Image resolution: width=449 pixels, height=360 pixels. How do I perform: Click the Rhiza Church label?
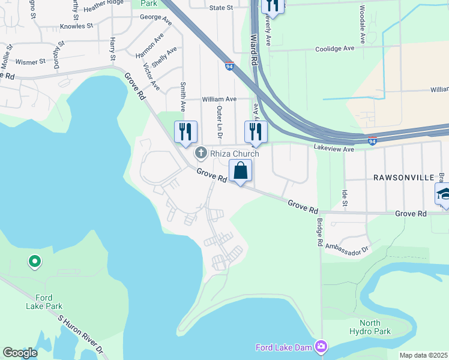point(234,154)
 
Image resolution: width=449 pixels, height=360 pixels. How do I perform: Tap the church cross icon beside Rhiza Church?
point(201,154)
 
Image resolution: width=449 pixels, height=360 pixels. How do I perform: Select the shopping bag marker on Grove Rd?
point(240,171)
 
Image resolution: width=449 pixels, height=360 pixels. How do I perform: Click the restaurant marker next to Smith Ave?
point(185,132)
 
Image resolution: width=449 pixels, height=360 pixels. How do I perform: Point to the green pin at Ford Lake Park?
point(35,262)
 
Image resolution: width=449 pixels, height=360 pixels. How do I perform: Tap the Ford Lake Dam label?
point(285,347)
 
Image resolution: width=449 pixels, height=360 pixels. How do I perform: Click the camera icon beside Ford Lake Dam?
point(321,347)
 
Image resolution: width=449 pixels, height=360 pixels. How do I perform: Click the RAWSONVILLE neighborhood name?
point(399,178)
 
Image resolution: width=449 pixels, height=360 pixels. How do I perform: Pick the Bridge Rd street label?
point(320,232)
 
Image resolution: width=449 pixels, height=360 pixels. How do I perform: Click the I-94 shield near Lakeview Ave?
point(372,142)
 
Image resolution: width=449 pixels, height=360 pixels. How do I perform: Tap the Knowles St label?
point(77,26)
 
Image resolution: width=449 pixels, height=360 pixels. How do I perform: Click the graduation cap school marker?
point(444,194)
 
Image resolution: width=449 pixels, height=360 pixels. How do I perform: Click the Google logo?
point(20,353)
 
